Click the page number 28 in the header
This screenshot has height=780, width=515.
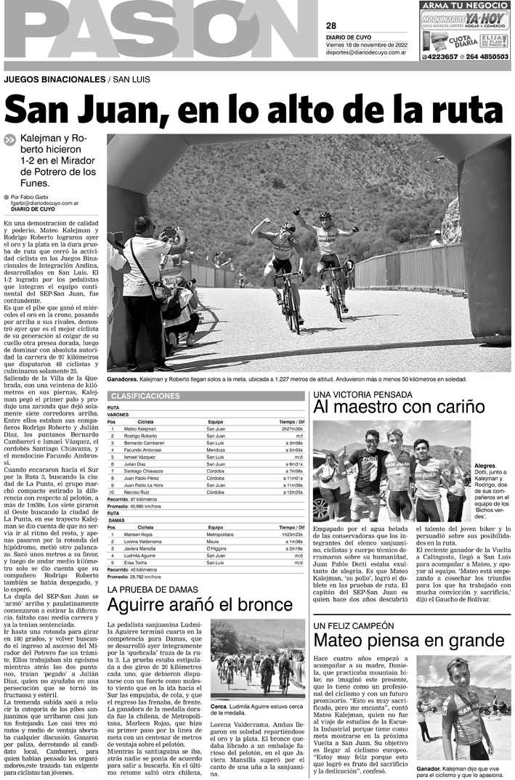(331, 25)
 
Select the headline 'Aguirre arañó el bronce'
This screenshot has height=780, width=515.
(200, 605)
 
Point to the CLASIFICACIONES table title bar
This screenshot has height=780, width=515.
(206, 396)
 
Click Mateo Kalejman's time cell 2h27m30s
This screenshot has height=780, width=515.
(288, 429)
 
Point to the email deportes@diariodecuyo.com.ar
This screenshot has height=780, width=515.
(365, 52)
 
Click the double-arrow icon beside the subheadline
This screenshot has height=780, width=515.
(9, 140)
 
